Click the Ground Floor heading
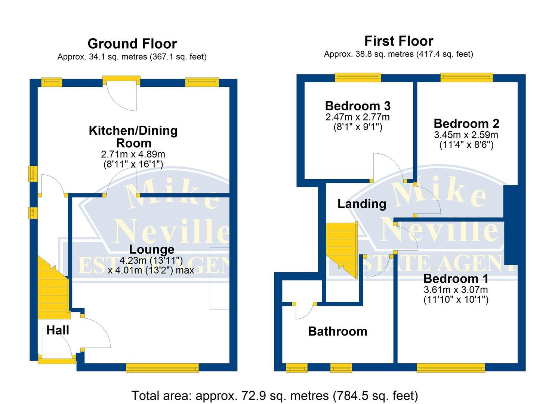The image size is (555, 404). (x=132, y=44)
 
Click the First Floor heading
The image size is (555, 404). (x=399, y=41)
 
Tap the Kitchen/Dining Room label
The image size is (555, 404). (x=133, y=137)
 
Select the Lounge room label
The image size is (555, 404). (x=151, y=250)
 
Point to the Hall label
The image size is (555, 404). (x=58, y=330)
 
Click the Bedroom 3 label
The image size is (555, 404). (x=358, y=106)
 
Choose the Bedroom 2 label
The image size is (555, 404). (x=466, y=123)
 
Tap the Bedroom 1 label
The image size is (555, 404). (x=456, y=279)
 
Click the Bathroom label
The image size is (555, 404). (x=337, y=331)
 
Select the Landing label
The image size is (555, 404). (x=361, y=204)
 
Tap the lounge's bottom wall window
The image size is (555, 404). (x=162, y=368)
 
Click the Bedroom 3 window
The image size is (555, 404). (x=358, y=78)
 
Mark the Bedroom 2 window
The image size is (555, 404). (x=466, y=78)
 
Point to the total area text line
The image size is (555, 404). (x=274, y=395)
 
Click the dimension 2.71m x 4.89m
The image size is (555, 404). (x=133, y=154)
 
